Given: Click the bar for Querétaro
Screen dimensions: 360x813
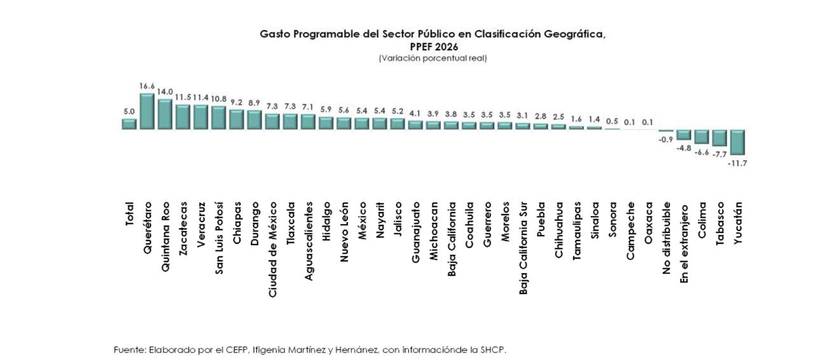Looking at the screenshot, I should click(147, 112).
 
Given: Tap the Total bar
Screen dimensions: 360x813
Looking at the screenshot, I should click(129, 124).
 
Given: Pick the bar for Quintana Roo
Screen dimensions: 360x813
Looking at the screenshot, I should click(165, 114).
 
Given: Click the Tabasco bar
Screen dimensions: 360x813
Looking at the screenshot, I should click(720, 138).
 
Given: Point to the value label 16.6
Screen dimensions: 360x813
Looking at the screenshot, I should click(147, 86).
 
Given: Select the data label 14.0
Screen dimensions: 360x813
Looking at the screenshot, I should click(165, 91).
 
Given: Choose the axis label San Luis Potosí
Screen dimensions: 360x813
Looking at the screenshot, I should click(219, 237).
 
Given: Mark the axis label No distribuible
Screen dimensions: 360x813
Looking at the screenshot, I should click(666, 239).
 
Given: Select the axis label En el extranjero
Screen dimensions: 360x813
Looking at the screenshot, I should click(684, 243).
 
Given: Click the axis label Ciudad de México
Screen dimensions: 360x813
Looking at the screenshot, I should click(272, 250).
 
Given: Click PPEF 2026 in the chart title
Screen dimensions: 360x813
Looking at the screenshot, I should click(434, 46).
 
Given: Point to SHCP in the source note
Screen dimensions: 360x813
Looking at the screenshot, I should click(494, 350).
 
